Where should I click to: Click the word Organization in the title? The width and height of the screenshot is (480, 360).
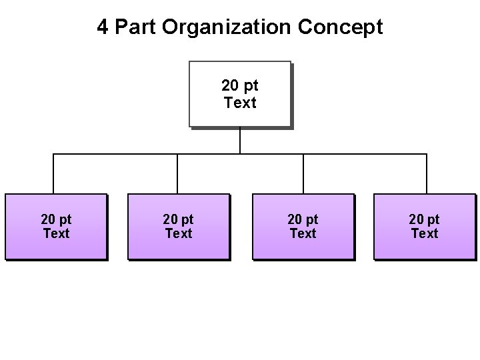[x=227, y=27]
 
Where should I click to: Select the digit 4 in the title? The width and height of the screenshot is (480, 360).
[x=102, y=27]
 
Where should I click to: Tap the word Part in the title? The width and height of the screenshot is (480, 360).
[x=135, y=27]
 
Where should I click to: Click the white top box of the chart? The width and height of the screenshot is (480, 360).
[x=240, y=73]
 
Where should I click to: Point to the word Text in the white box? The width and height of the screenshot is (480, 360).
[x=240, y=103]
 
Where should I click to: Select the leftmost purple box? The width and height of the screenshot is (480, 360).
[x=56, y=247]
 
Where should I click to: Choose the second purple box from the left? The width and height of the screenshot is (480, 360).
[x=178, y=247]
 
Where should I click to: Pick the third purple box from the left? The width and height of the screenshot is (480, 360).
[x=303, y=247]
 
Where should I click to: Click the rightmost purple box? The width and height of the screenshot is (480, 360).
[x=425, y=247]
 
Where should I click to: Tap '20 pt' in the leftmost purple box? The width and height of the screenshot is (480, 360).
[x=56, y=219]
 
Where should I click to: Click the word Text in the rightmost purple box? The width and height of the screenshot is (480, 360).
[x=425, y=234]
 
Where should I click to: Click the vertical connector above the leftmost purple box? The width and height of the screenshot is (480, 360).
[x=53, y=174]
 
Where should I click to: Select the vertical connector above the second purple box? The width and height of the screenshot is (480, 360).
[x=177, y=174]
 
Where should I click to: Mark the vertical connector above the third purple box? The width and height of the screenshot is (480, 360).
[x=303, y=174]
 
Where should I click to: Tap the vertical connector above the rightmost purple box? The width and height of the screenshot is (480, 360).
[x=427, y=174]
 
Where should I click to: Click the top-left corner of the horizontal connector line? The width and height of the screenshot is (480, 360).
[x=53, y=154]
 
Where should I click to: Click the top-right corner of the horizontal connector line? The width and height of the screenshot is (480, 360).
[x=427, y=154]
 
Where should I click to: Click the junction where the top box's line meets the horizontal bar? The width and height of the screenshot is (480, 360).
[x=240, y=154]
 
